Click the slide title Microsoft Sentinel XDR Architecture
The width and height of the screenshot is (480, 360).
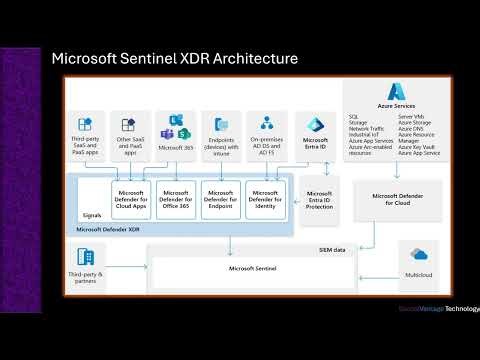[174, 59]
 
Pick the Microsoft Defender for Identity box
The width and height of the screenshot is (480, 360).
[265, 199]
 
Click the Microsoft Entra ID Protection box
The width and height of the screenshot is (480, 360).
[319, 199]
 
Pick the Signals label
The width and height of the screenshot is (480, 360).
[91, 215]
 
